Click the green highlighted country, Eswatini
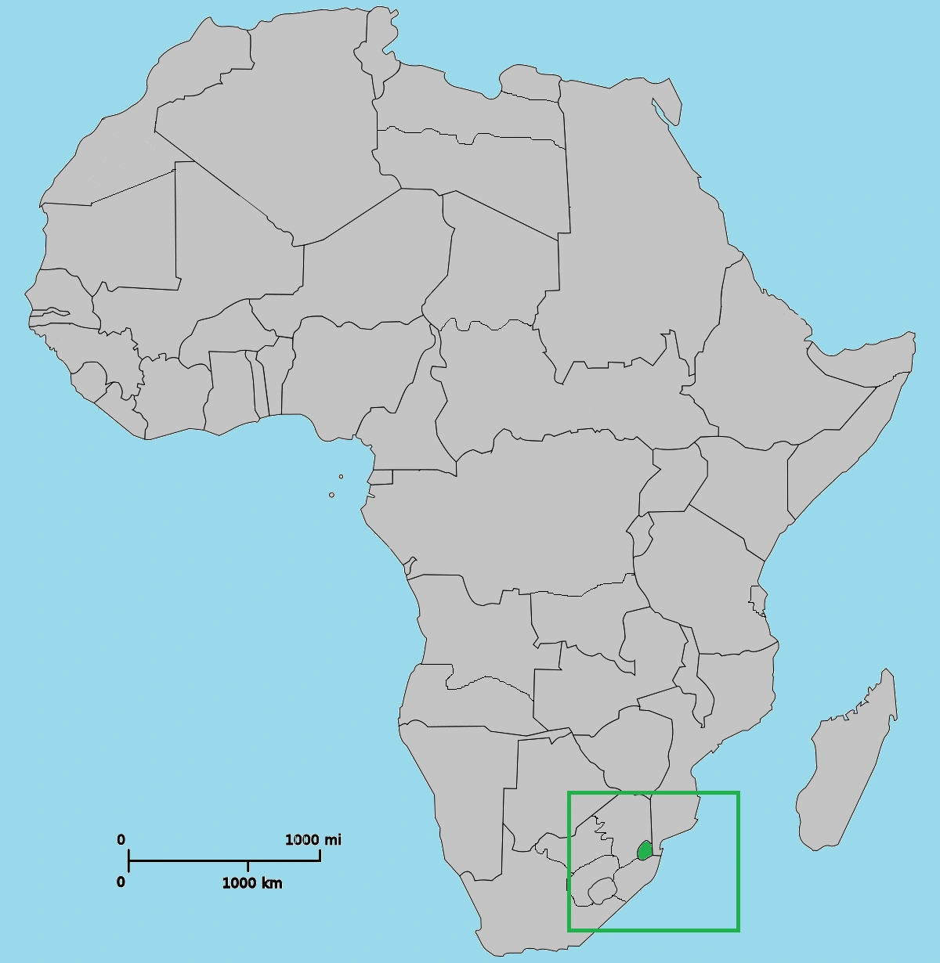[x=645, y=850]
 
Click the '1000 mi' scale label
[x=313, y=840]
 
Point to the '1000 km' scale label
[x=252, y=883]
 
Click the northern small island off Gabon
[x=341, y=476]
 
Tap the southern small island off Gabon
[x=331, y=495]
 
